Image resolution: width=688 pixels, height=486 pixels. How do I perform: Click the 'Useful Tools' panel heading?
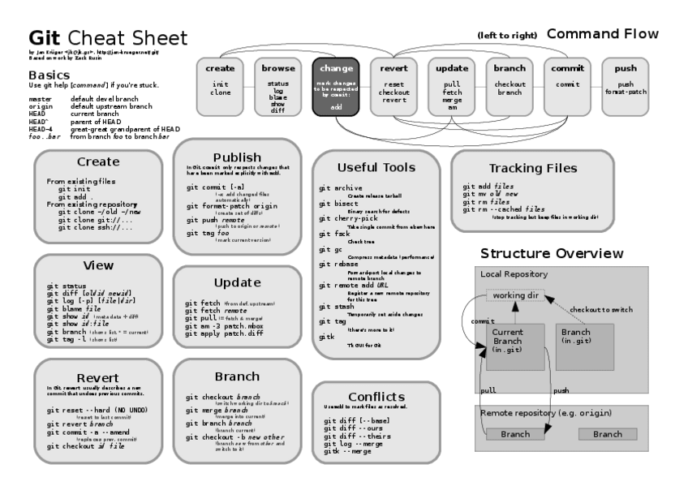pyautogui.click(x=376, y=167)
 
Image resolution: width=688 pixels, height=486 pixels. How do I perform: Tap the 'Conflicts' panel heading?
pyautogui.click(x=376, y=396)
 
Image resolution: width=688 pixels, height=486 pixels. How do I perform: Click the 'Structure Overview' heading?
pyautogui.click(x=552, y=253)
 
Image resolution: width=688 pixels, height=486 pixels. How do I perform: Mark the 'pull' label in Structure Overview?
pyautogui.click(x=488, y=390)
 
